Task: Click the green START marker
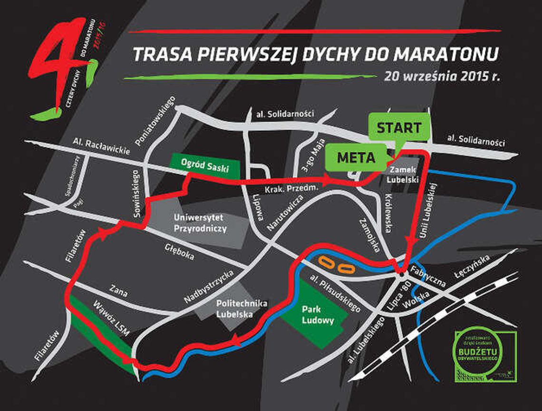click(399, 127)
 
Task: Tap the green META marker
click(356, 157)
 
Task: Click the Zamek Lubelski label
click(402, 175)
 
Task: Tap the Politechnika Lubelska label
click(235, 309)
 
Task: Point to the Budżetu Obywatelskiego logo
click(484, 354)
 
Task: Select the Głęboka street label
click(179, 252)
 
